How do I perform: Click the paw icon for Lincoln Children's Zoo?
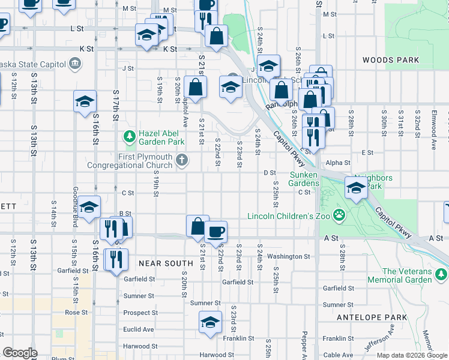click(x=339, y=215)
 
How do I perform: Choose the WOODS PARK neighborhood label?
click(x=390, y=60)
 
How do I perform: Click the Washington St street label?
click(x=288, y=256)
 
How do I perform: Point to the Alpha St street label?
click(x=338, y=163)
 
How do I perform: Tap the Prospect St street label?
click(x=140, y=313)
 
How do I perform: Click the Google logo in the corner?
click(x=20, y=353)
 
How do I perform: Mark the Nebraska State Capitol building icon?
click(x=76, y=62)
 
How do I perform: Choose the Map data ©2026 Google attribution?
click(x=411, y=355)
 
